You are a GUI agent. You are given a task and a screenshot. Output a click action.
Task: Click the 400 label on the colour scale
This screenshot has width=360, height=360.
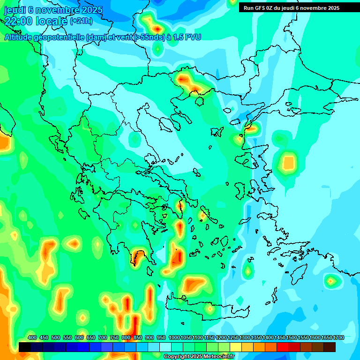coord(32,337)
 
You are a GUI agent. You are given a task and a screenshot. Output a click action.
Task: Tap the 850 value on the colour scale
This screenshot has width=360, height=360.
coord(138,337)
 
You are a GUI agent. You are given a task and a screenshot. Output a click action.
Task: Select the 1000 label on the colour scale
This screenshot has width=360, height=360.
coord(174,337)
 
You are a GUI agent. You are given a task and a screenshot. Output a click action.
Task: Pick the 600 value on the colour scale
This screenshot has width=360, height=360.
coord(79,337)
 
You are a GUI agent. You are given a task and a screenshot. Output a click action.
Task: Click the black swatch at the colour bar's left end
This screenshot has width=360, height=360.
coord(25,347)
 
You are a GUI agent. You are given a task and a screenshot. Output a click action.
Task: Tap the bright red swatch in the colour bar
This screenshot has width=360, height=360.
coord(283,347)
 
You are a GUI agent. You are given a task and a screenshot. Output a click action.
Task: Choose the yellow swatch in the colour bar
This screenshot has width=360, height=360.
coord(236,347)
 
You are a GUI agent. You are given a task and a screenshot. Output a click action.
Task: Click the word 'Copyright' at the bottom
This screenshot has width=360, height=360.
coord(176,357)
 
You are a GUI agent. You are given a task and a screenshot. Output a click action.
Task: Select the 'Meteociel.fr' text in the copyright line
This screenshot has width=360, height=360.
coord(218,357)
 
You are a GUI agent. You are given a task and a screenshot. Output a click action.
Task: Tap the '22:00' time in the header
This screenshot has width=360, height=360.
coord(19,21)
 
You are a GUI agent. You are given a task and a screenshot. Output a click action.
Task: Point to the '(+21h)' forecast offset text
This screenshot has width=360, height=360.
coord(82,21)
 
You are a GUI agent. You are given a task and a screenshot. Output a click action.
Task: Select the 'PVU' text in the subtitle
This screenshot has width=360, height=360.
coord(193,37)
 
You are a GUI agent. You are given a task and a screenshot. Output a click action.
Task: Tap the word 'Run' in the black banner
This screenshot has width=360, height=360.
coord(248,8)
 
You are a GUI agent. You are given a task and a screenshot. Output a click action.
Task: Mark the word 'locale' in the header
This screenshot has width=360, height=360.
coord(52,21)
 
